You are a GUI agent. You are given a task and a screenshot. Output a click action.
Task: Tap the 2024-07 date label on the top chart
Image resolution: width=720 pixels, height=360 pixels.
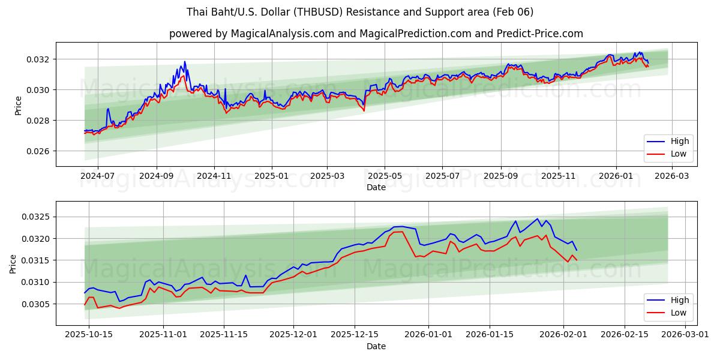tap(97, 176)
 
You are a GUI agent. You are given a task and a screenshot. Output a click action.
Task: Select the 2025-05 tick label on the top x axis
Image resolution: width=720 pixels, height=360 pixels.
tap(385, 176)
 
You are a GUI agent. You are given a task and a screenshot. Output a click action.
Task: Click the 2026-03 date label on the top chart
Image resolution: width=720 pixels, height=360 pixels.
tap(671, 176)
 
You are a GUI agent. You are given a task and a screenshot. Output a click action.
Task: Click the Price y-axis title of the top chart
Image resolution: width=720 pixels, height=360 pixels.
tap(18, 105)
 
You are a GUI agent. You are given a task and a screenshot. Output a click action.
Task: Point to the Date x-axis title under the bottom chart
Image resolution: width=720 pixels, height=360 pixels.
tap(376, 346)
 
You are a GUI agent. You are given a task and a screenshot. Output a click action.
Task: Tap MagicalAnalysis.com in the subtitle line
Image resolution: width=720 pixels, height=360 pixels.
tap(281, 34)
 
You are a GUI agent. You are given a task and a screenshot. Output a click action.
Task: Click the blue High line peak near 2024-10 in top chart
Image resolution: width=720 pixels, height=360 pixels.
tap(184, 61)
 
